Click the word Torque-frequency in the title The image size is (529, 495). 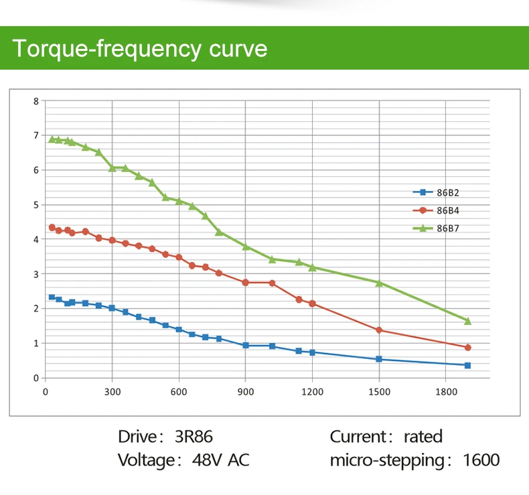point(107,49)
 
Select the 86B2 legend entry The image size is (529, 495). point(436,193)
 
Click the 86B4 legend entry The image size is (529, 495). point(436,210)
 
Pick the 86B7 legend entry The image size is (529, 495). point(436,228)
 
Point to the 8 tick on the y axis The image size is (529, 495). point(36,101)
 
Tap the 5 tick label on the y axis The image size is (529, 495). point(36,205)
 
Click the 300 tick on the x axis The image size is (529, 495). point(112,392)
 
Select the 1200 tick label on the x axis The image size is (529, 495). point(313,392)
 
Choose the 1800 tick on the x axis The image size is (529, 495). point(446,392)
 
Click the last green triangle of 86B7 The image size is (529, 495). point(467,322)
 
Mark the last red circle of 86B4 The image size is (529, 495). point(467,348)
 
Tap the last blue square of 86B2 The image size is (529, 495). point(467,366)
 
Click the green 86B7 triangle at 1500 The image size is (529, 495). point(379,283)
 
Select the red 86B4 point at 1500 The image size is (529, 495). point(379,330)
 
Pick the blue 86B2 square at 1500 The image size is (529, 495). point(379,359)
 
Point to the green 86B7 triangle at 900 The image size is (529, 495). point(246,246)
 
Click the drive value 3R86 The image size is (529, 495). point(194,437)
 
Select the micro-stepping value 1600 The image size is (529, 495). point(481,460)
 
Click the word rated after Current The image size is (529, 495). point(423,437)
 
